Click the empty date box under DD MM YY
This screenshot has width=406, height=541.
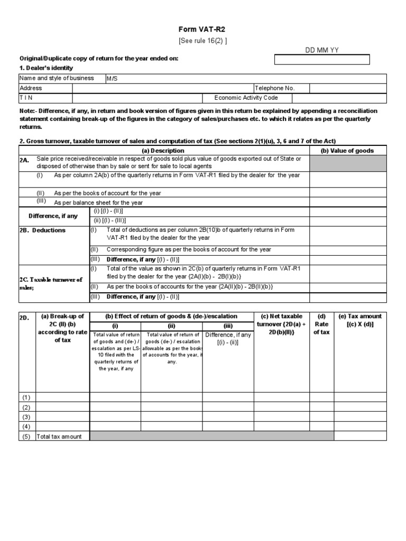click(321, 59)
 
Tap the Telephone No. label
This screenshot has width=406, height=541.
click(275, 88)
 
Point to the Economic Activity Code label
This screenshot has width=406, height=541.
click(246, 98)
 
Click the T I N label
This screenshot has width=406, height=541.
click(26, 98)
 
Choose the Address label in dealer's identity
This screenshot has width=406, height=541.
click(31, 88)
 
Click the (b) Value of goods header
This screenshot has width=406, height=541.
click(347, 151)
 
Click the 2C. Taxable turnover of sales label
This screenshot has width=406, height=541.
click(51, 283)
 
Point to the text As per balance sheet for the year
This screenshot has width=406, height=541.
click(98, 202)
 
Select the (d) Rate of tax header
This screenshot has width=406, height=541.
click(321, 324)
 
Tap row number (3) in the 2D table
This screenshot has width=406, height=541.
click(26, 417)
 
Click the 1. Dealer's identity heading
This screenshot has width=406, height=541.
click(47, 68)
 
